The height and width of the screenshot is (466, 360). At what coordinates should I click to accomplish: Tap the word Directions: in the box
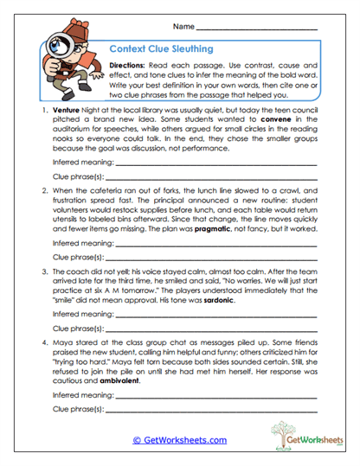[127, 66]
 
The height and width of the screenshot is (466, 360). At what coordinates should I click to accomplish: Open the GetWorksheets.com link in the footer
[179, 440]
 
